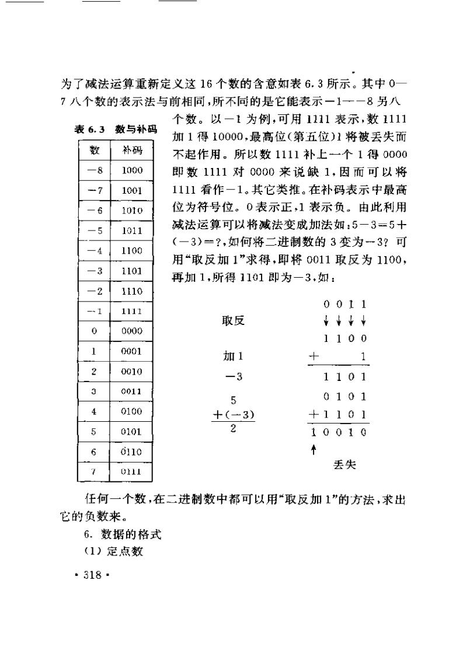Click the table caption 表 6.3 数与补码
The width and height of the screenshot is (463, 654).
pos(116,130)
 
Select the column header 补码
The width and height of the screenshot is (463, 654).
pos(133,151)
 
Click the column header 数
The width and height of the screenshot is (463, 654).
pos(94,151)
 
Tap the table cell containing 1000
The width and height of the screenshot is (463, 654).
pos(132,170)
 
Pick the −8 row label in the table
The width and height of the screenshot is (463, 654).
pos(94,170)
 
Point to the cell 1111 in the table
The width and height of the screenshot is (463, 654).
pos(132,311)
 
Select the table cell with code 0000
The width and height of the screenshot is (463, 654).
pos(132,331)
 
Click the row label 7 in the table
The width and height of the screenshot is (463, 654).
pos(94,471)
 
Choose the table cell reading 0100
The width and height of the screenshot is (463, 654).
pos(132,411)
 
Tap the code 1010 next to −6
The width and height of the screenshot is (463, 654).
pos(132,211)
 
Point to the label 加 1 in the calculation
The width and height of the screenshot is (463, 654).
pos(234,356)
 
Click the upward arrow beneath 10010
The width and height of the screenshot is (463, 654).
pos(314,449)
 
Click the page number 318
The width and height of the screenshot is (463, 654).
pos(93,574)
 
